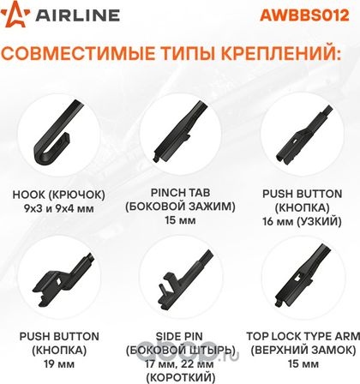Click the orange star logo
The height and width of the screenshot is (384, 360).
tap(15, 15)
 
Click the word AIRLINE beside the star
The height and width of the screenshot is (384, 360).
tap(77, 15)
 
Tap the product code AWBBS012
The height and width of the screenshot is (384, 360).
tap(304, 15)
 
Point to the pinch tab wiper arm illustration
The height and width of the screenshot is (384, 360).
tap(180, 131)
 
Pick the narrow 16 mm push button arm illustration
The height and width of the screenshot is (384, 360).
tap(303, 135)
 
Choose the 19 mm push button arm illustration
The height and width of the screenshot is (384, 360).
tap(62, 279)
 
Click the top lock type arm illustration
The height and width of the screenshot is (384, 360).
tap(303, 276)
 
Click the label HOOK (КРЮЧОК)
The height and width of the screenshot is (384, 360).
tap(59, 195)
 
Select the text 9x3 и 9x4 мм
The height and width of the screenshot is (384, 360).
tap(59, 208)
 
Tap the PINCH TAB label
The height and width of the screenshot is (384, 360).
tap(180, 193)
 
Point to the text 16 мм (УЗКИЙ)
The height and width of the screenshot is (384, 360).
tap(302, 221)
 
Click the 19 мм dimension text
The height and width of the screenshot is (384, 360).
tap(59, 364)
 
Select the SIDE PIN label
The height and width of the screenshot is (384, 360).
tap(179, 336)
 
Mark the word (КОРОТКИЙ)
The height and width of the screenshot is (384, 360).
tap(180, 377)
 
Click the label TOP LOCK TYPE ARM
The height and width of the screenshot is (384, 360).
tap(303, 336)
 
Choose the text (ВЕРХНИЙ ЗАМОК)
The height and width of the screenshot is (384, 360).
tap(303, 350)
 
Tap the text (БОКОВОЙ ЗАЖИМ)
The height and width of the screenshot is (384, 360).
tap(180, 207)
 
